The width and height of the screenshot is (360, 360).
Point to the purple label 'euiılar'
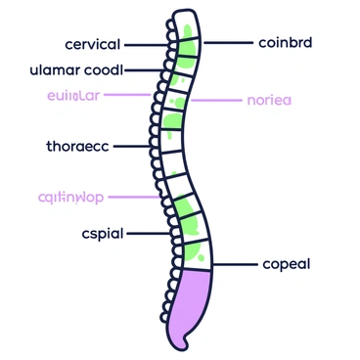click(72, 95)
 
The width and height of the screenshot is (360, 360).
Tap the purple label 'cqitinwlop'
click(68, 198)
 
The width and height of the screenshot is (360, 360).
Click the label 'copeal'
click(288, 265)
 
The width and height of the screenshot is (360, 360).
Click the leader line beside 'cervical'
click(147, 45)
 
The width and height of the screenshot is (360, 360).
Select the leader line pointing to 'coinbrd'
click(225, 43)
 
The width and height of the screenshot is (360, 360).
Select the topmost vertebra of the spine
click(184, 21)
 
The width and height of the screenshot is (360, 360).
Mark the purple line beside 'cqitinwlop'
click(137, 198)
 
